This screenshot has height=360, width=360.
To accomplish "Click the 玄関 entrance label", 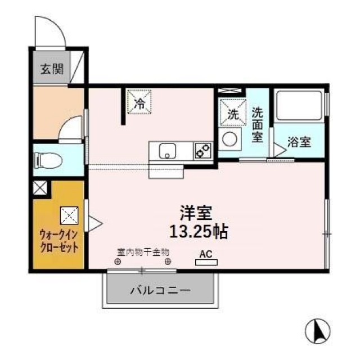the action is pos(52,69).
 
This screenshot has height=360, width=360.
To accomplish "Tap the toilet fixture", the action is pos(48,160).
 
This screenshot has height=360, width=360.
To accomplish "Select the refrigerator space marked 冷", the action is pos(139,102).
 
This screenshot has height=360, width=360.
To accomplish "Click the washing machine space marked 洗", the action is pos(233,112).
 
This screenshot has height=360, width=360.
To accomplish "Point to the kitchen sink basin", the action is pos(168,151).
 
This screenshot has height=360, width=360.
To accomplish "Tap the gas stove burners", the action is pos(203,151).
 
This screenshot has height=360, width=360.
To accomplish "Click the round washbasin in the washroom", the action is pos(229,139).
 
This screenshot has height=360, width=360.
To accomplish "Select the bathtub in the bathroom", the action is pos(299,105).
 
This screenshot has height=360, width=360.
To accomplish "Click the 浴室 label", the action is pos(299,142).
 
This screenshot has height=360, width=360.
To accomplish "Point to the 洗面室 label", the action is pos(258,125).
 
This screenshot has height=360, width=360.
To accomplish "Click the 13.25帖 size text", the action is pos(199,232).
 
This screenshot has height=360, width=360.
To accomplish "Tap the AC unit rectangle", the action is pos(206,262).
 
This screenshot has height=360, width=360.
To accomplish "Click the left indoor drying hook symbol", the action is pos(118,261).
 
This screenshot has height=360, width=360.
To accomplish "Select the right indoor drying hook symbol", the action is pos(168,261).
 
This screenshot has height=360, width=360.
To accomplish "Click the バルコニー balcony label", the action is pos(160,291).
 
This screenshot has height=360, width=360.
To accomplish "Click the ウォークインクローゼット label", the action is pos(59,241).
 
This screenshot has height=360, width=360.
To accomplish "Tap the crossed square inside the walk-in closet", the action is pos(69,215).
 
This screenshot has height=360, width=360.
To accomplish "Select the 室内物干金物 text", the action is pos(143,253).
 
